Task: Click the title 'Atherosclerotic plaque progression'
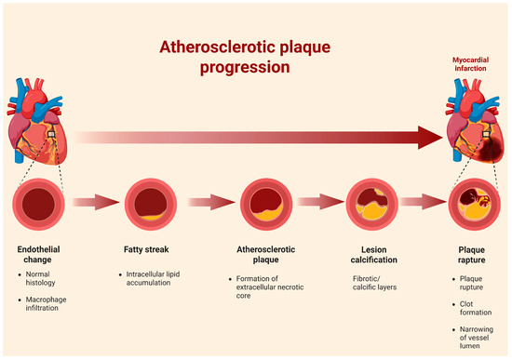click(245, 57)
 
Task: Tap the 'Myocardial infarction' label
click(470, 64)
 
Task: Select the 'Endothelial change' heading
click(38, 255)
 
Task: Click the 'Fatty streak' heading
click(146, 249)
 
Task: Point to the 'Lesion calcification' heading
click(374, 255)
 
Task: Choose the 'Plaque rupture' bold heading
click(472, 255)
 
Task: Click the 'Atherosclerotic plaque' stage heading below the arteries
click(266, 255)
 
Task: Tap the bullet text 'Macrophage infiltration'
click(46, 303)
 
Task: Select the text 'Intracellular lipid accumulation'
click(153, 278)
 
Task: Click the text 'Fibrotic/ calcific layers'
click(374, 283)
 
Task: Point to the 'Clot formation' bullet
click(476, 308)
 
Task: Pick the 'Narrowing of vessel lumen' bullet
click(477, 338)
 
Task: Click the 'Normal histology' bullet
click(40, 278)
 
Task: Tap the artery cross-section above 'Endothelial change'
click(38, 204)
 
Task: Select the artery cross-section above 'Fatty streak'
click(151, 204)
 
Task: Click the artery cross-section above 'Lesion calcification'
click(372, 204)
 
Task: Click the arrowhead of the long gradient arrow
click(430, 138)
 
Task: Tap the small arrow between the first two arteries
click(96, 202)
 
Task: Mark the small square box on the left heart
click(51, 134)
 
